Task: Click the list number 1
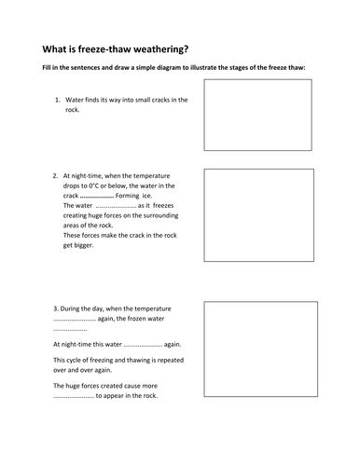pos(57,100)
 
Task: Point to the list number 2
pos(57,174)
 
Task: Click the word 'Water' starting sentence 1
pos(75,100)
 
